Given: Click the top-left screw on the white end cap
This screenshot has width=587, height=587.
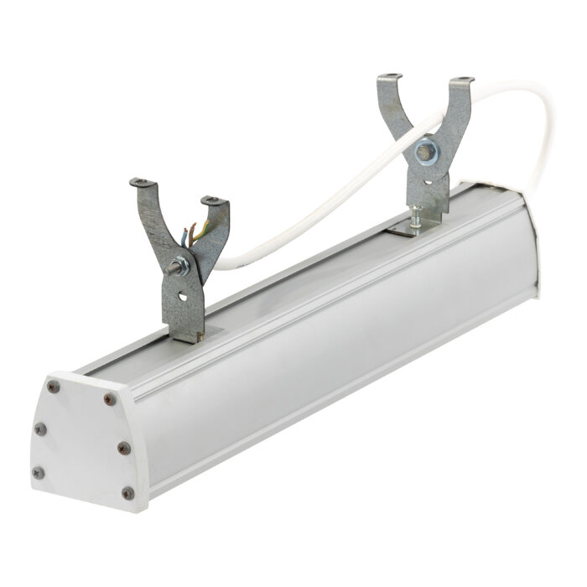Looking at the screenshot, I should (x=55, y=387).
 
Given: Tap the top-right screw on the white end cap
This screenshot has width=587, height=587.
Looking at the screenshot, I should (x=107, y=399).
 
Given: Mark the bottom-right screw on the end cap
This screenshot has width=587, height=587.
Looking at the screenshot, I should (x=127, y=493).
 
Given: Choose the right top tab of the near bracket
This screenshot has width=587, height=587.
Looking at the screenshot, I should (x=215, y=201).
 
